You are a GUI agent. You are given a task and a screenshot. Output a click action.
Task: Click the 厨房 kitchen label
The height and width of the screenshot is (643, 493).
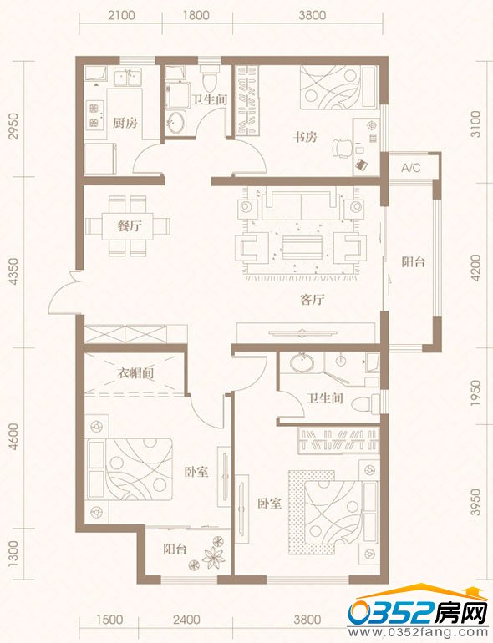(x=125, y=123)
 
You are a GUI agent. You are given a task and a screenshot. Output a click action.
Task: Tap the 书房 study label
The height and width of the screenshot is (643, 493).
(x=305, y=137)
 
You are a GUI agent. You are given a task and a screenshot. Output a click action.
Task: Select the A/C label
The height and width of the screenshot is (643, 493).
(x=411, y=168)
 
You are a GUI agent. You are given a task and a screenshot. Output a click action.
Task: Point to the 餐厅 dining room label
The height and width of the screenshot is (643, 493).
(x=130, y=225)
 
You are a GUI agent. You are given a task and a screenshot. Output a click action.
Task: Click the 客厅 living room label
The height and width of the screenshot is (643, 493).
(x=312, y=300)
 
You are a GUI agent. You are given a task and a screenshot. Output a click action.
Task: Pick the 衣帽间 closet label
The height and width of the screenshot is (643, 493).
(x=136, y=373)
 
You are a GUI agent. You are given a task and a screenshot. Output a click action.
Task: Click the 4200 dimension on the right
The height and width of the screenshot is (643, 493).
(x=475, y=268)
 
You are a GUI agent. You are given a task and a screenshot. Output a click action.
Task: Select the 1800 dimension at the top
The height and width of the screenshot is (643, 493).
(x=196, y=16)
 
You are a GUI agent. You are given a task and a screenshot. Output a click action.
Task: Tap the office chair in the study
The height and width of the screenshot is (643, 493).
(x=342, y=148)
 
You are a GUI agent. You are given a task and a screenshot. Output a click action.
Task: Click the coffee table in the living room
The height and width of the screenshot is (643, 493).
(x=302, y=247)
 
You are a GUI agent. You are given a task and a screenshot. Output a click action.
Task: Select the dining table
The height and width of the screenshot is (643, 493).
(x=128, y=226)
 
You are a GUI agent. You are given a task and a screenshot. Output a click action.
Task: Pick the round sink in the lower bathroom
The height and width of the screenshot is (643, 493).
(x=302, y=362)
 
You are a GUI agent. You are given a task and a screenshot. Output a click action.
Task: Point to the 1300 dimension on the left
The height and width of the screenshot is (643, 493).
(x=13, y=553)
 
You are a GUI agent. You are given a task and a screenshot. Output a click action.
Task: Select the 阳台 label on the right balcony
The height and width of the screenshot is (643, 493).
(x=413, y=261)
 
